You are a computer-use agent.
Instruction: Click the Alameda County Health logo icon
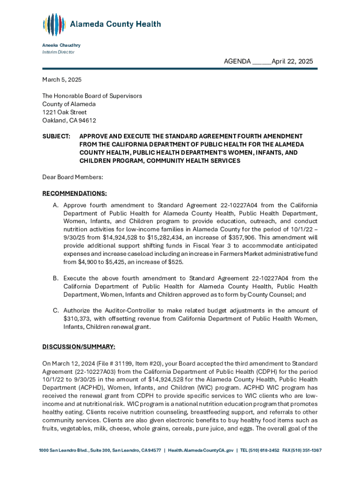coord(54,25)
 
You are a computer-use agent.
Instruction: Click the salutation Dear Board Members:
coord(72,177)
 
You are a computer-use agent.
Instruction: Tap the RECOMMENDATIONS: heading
coord(74,193)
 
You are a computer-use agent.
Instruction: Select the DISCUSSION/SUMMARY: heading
coord(79,347)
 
